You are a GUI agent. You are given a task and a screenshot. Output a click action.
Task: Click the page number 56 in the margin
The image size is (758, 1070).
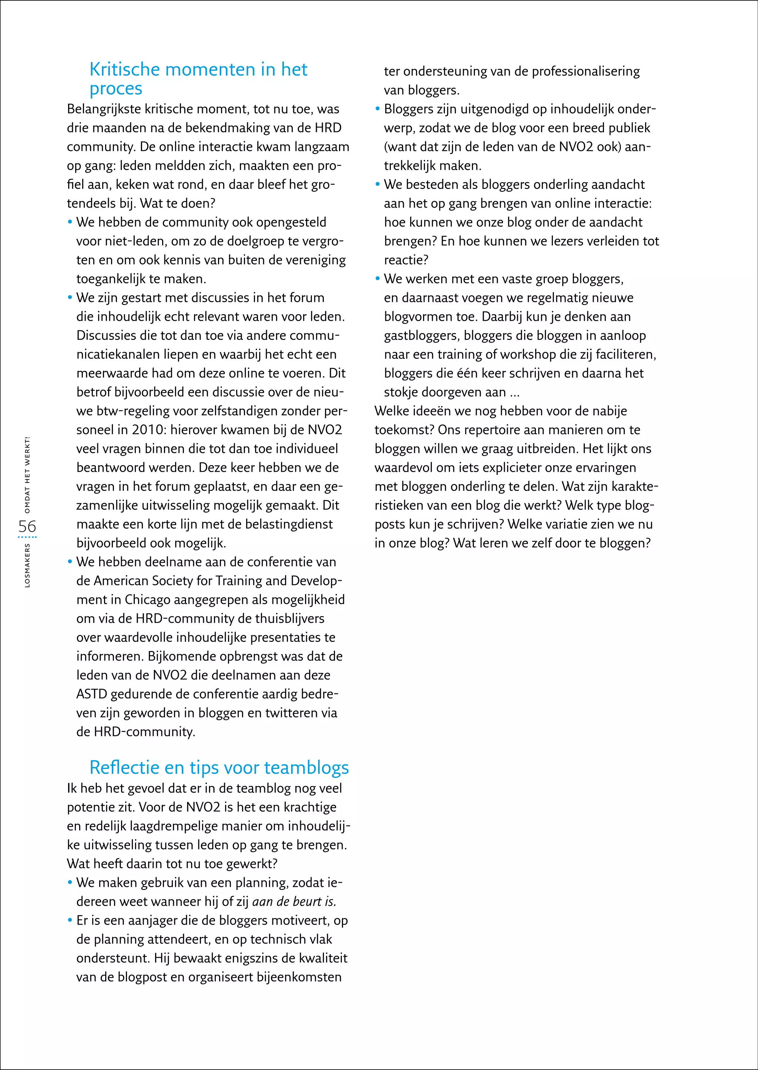pyautogui.click(x=27, y=526)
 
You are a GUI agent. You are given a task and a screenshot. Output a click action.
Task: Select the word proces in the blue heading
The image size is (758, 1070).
pyautogui.click(x=116, y=89)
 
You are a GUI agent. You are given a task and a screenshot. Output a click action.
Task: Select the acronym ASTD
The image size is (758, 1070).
pyautogui.click(x=91, y=694)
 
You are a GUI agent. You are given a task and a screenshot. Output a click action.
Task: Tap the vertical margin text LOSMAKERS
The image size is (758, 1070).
pyautogui.click(x=27, y=565)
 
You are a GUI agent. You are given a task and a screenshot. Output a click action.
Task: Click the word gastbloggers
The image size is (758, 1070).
pyautogui.click(x=422, y=336)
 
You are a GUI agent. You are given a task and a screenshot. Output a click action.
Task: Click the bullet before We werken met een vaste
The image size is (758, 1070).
pyautogui.click(x=378, y=279)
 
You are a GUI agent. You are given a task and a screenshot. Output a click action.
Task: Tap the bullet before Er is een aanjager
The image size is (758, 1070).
pyautogui.click(x=70, y=921)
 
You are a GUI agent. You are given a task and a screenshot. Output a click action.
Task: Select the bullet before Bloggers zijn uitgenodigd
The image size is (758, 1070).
pyautogui.click(x=378, y=109)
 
